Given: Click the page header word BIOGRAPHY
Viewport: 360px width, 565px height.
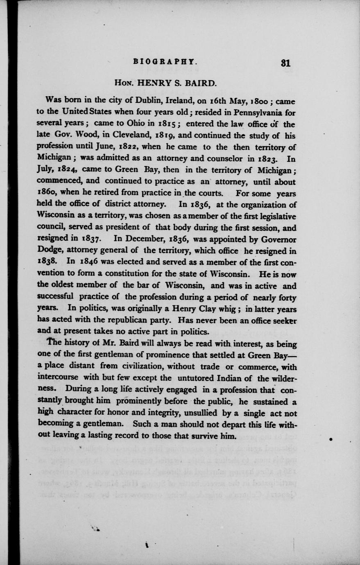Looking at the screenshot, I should (x=165, y=63).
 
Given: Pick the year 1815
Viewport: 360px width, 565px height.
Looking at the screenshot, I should (x=168, y=123).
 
